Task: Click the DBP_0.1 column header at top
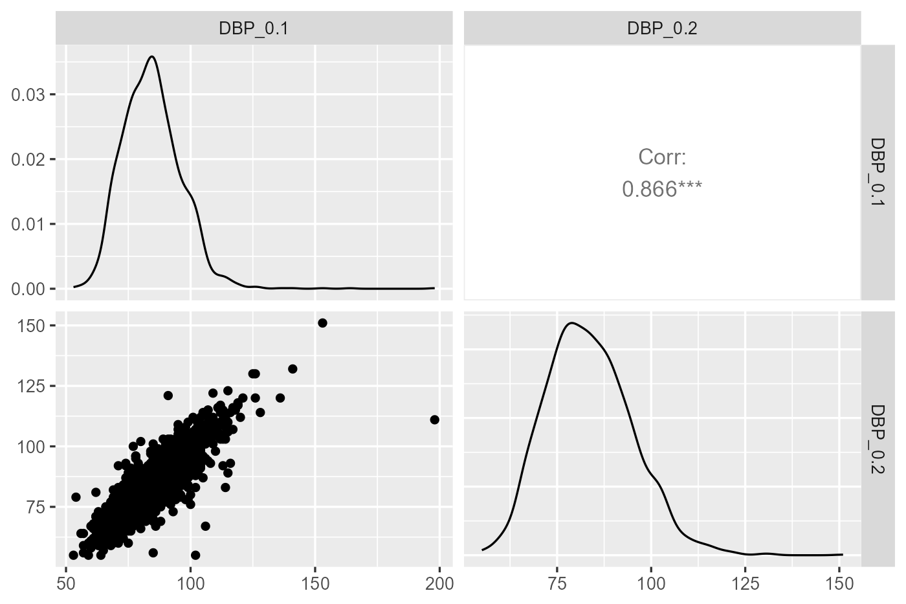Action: [x=254, y=28]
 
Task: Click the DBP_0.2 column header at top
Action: [x=662, y=28]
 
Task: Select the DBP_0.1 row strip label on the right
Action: [x=877, y=172]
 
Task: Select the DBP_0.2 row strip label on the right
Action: [x=877, y=439]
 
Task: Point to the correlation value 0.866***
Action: [x=661, y=189]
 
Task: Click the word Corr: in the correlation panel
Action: [x=661, y=157]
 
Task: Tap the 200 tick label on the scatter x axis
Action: [x=439, y=583]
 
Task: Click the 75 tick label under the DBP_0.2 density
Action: [x=557, y=583]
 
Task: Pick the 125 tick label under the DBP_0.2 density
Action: [x=746, y=583]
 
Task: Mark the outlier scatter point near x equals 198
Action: [x=434, y=419]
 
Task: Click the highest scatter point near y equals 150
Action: [x=322, y=323]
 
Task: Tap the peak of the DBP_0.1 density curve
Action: [x=151, y=56]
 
